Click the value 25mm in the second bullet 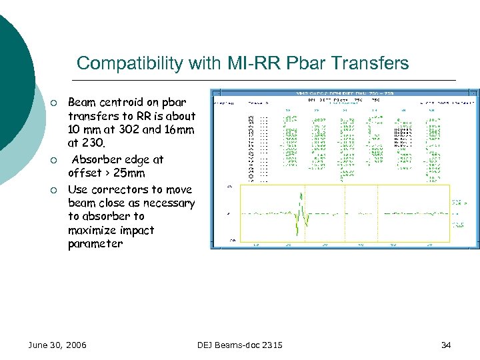pos(129,173)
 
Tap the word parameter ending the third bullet pos(95,244)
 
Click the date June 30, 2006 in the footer pos(57,345)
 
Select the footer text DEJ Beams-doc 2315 pos(240,345)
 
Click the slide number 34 pos(446,345)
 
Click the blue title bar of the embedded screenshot pos(344,93)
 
